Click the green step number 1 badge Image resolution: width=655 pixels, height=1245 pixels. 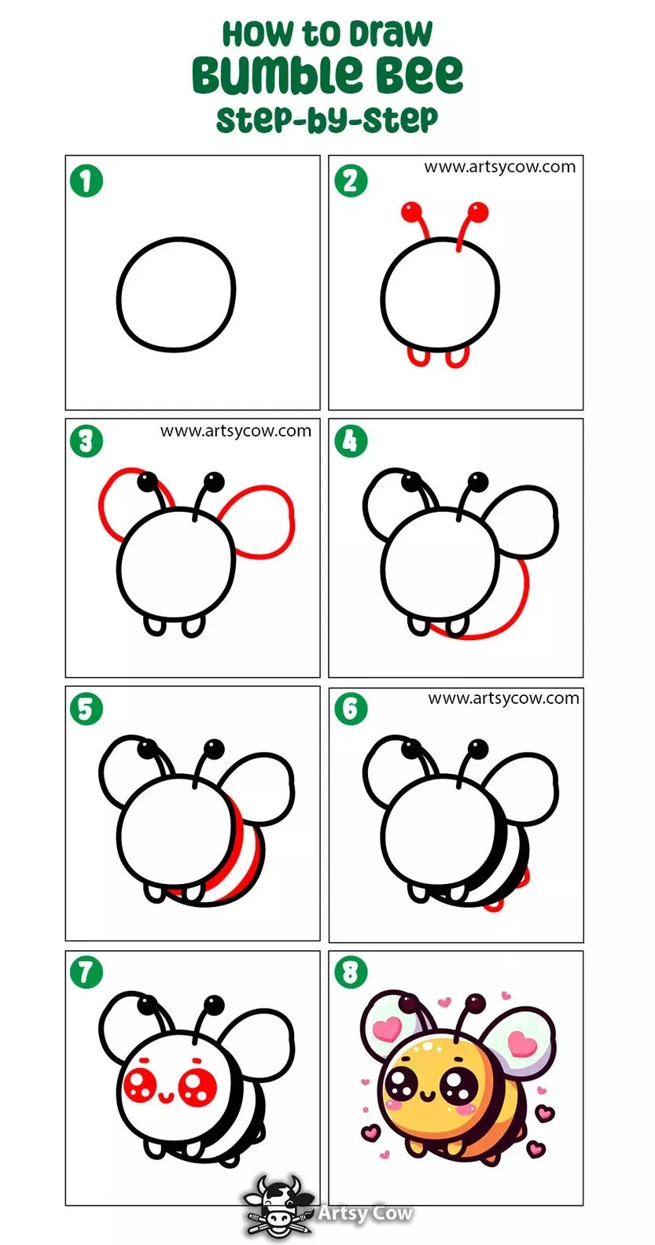pyautogui.click(x=86, y=181)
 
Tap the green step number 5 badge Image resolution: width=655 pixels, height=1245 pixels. pyautogui.click(x=86, y=709)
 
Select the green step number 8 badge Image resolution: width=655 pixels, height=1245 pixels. pyautogui.click(x=351, y=973)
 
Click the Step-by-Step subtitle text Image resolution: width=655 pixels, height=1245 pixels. pyautogui.click(x=327, y=120)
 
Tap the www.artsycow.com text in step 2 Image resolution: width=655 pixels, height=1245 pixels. pyautogui.click(x=499, y=167)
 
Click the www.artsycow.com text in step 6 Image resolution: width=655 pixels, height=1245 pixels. pyautogui.click(x=503, y=698)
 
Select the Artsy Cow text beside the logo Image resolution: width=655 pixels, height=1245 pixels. pyautogui.click(x=365, y=1212)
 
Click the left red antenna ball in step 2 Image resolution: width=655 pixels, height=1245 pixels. pyautogui.click(x=411, y=211)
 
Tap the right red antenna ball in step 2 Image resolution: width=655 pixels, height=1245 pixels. pyautogui.click(x=477, y=212)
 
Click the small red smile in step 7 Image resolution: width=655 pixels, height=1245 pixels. pyautogui.click(x=167, y=1096)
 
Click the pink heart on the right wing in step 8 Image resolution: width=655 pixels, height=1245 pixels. pyautogui.click(x=522, y=1044)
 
